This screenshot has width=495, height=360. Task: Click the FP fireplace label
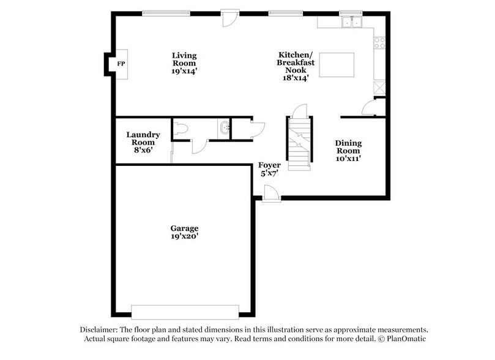coord(121,64)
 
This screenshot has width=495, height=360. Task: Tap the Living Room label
coord(184,59)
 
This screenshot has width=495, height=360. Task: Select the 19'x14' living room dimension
coord(184,72)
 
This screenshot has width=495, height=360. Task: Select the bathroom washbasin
coord(224,129)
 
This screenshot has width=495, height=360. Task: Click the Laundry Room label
coord(143,138)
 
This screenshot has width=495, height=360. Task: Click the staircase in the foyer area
coord(299,143)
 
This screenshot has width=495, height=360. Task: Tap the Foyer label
coord(269,165)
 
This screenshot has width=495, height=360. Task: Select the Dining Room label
coord(348,147)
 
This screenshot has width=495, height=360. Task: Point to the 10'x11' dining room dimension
coord(348,159)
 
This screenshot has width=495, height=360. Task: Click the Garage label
coord(184,228)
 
